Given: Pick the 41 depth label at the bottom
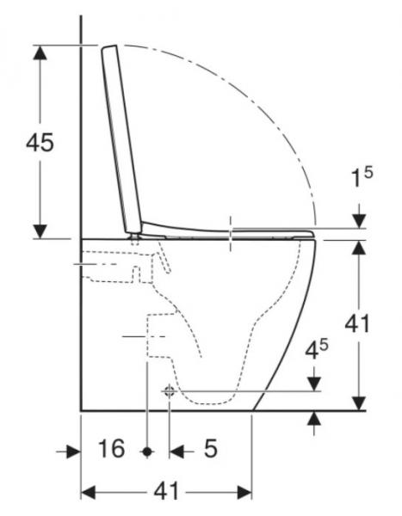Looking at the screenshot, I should (165, 492).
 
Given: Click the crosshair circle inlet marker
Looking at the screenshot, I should (168, 391).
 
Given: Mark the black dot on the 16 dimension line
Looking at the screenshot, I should (148, 450).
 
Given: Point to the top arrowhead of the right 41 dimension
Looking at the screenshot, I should (359, 248).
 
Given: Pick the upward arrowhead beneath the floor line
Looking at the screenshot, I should (315, 419).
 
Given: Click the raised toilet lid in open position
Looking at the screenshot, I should (122, 138).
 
